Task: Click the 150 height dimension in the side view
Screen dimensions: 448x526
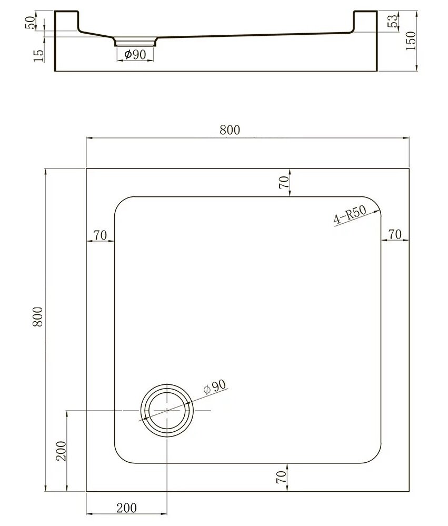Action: pyautogui.click(x=411, y=41)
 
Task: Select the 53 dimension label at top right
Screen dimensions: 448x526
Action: pyautogui.click(x=393, y=21)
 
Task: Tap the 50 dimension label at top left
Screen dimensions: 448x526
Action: pyautogui.click(x=30, y=23)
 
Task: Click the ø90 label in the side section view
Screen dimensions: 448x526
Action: pyautogui.click(x=135, y=54)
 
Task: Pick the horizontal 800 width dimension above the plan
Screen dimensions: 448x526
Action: pyautogui.click(x=230, y=130)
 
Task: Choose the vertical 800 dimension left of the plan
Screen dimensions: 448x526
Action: pyautogui.click(x=38, y=317)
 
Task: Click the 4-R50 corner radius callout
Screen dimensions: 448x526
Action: pyautogui.click(x=350, y=215)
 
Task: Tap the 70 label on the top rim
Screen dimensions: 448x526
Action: pyautogui.click(x=284, y=183)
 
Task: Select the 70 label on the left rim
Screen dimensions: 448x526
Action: pyautogui.click(x=100, y=235)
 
